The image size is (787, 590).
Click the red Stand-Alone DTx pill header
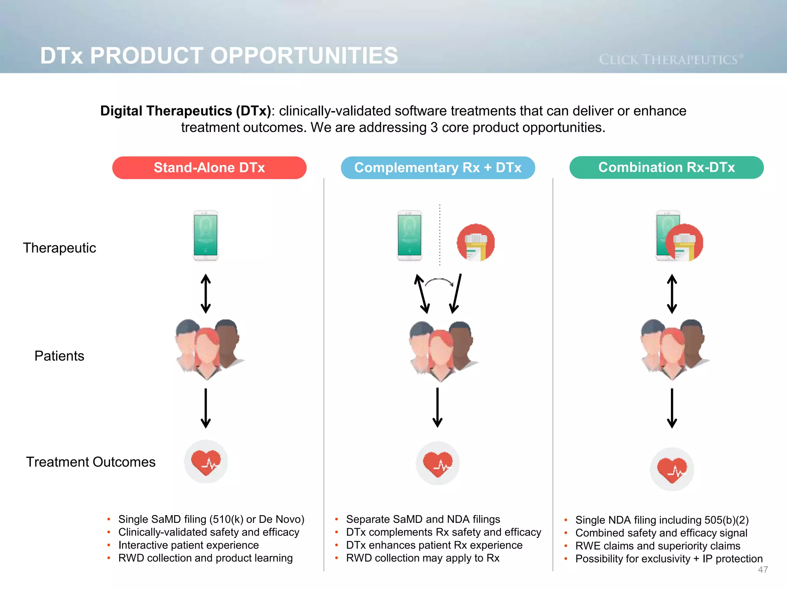click(x=209, y=168)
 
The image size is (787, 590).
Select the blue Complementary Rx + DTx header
click(x=438, y=168)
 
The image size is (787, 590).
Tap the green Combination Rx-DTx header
click(x=666, y=167)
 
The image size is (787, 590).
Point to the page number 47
click(x=763, y=570)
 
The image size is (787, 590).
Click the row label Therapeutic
click(x=60, y=248)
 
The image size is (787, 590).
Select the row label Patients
click(x=59, y=356)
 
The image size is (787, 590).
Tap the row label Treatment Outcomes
click(x=91, y=462)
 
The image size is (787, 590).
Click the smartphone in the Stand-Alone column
click(x=206, y=235)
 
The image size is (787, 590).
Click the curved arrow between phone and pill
click(x=439, y=282)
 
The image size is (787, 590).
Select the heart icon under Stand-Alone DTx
click(x=206, y=462)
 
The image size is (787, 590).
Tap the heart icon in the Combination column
click(x=672, y=469)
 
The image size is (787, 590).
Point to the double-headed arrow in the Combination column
click(x=672, y=294)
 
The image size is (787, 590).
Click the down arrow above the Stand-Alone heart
click(x=206, y=408)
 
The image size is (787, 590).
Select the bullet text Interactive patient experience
click(x=188, y=545)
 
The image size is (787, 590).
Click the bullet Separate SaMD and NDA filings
click(x=423, y=519)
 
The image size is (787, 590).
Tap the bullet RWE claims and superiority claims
click(x=657, y=546)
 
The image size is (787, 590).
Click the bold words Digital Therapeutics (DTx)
click(x=186, y=111)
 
